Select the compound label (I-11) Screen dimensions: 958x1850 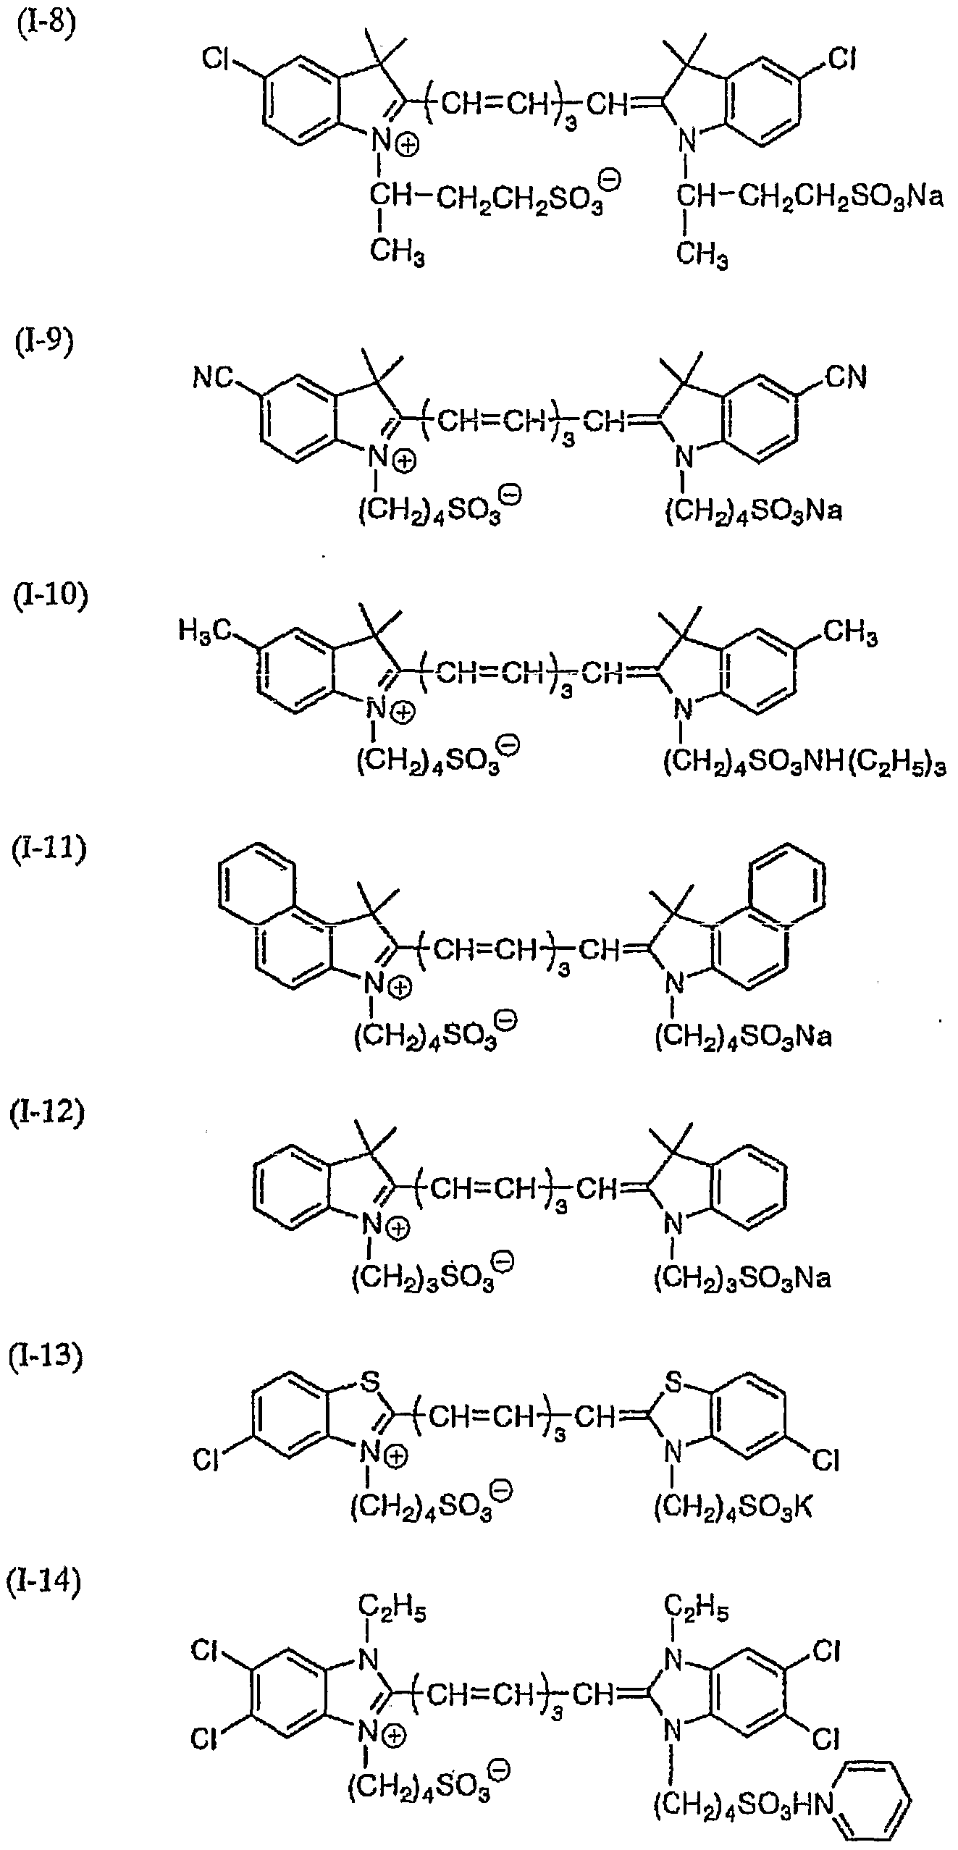tap(49, 848)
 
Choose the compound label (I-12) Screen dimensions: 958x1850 tap(47, 1111)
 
